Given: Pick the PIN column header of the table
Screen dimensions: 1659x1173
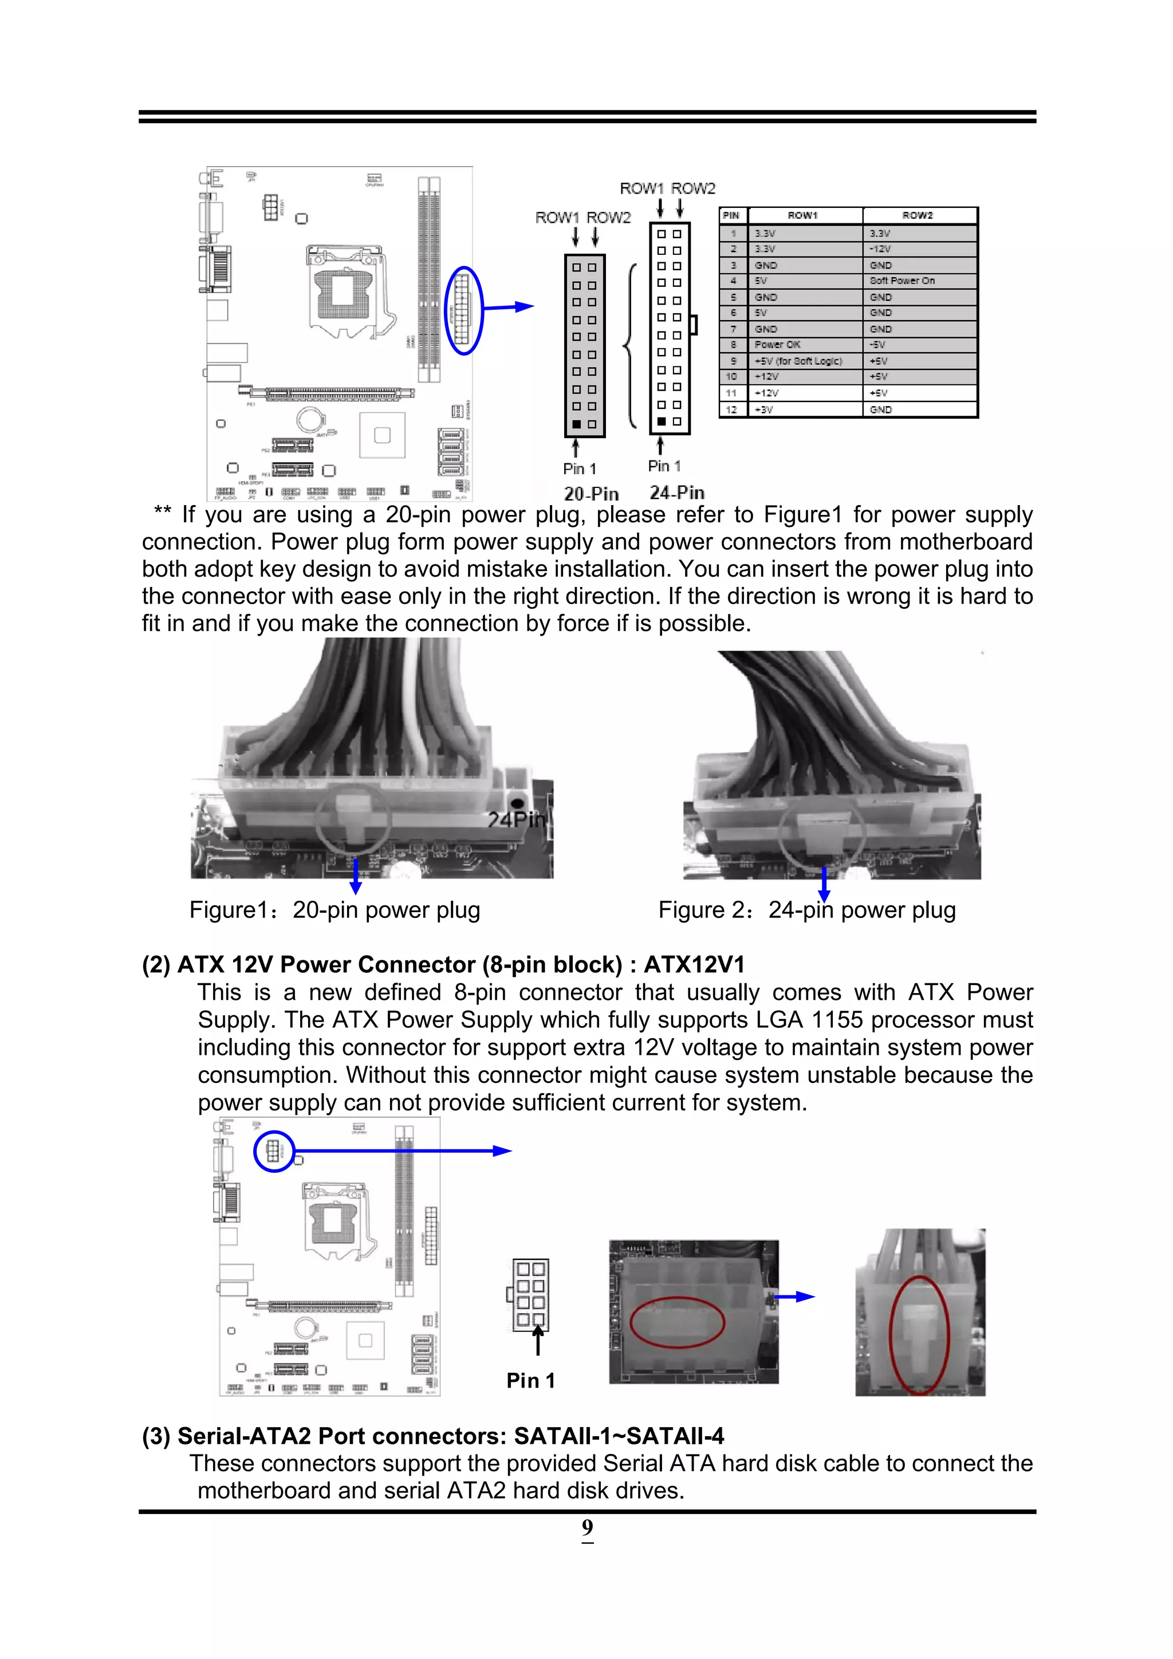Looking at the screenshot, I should coord(731,215).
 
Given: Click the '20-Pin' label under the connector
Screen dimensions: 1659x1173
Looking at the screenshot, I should coord(591,494).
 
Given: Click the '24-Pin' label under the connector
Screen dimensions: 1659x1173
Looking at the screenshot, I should coord(676,493).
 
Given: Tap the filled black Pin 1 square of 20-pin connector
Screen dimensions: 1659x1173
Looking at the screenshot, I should coord(576,424).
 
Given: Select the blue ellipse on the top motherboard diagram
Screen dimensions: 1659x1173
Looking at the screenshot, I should coord(463,311).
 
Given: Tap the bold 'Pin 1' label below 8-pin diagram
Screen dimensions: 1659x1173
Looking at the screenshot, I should coord(530,1381).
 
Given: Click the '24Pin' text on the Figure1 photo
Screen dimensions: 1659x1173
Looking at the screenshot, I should coord(517,820).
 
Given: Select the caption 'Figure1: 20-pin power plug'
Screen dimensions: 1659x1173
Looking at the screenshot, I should coord(334,911).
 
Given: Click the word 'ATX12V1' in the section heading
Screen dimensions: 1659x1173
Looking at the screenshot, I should coord(694,964).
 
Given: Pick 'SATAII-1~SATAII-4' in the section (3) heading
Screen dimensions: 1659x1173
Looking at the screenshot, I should coord(619,1436).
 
